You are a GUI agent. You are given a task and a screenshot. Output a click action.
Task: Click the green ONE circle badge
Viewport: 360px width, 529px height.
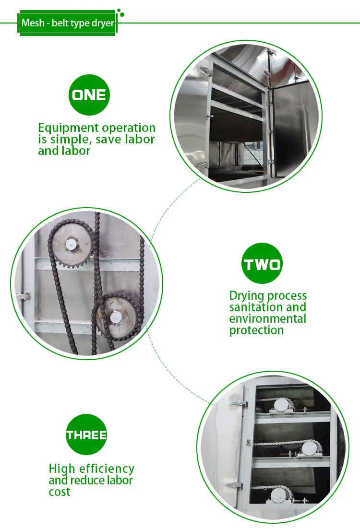[x=89, y=94]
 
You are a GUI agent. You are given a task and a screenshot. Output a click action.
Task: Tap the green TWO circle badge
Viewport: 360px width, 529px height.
[x=262, y=263]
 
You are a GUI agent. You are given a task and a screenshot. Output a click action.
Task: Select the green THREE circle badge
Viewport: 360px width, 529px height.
[x=86, y=435]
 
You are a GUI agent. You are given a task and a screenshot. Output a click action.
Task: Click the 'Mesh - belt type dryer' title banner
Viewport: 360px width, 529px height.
[x=67, y=23]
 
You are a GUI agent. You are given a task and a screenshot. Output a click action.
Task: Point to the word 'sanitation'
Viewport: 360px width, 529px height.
[x=254, y=307]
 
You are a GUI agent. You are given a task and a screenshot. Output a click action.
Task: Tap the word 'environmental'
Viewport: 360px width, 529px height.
[x=267, y=318]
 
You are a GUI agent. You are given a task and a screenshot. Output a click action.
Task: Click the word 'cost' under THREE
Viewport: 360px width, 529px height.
[x=60, y=492]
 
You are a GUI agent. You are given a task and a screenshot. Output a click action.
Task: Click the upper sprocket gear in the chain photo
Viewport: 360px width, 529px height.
[x=71, y=245]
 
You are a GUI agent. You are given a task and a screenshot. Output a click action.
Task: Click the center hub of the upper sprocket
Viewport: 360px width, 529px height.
[x=71, y=245]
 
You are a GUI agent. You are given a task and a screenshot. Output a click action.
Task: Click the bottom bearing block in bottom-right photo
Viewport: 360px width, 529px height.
[x=281, y=495]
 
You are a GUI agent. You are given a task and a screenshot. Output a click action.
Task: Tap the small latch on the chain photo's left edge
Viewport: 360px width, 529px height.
[x=23, y=297]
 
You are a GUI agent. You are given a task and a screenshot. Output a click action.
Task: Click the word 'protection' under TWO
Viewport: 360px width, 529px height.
[x=256, y=330]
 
